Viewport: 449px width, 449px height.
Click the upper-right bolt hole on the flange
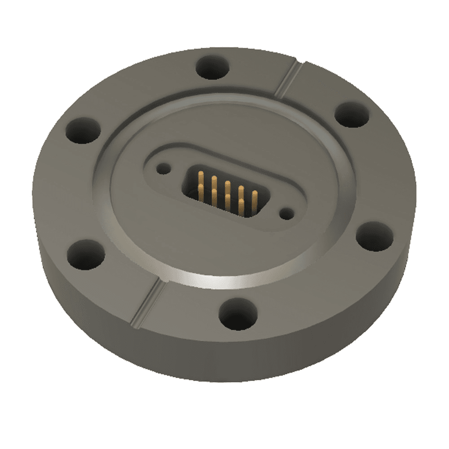[x=352, y=115]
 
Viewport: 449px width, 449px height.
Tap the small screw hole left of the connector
[x=163, y=169]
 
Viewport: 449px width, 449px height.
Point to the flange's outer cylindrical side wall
[x=180, y=355]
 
